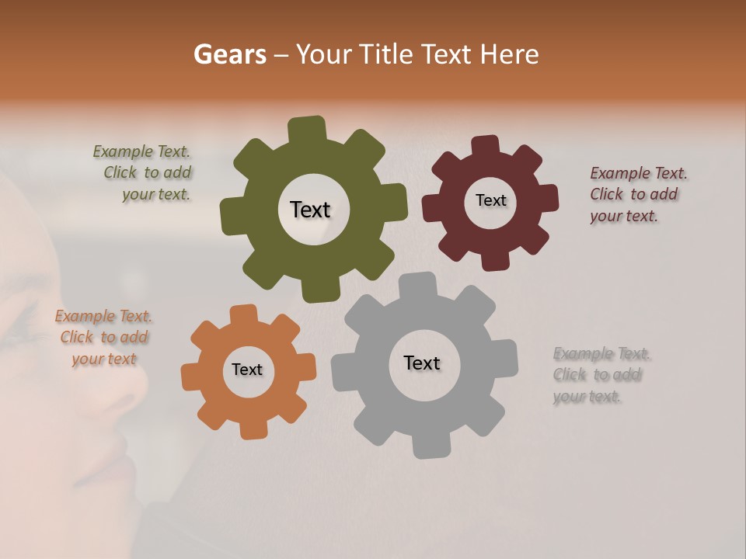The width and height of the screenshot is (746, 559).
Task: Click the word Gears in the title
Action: click(x=229, y=54)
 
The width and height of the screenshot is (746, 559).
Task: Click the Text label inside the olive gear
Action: click(x=310, y=210)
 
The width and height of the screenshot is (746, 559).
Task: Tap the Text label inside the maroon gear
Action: click(x=490, y=200)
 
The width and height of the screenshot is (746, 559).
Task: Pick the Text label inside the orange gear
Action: click(x=247, y=370)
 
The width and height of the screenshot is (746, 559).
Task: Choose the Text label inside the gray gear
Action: click(x=422, y=363)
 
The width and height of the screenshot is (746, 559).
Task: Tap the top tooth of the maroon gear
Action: click(x=486, y=147)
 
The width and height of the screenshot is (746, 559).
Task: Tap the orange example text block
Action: click(x=103, y=337)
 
